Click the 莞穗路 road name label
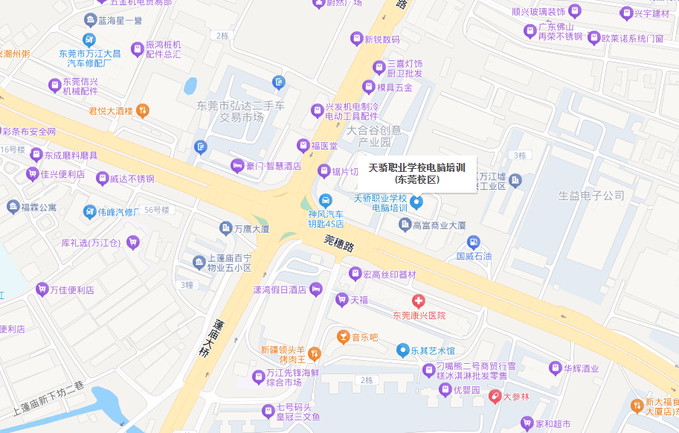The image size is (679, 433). [x=339, y=243]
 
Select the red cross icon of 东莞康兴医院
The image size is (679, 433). [x=419, y=301]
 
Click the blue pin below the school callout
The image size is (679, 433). [x=416, y=202]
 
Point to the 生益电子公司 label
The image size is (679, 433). [x=591, y=196]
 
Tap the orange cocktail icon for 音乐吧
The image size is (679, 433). [x=342, y=337]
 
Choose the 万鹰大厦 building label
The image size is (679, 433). [x=251, y=229]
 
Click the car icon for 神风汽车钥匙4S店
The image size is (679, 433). [x=326, y=200]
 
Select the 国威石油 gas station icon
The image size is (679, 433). [x=473, y=242]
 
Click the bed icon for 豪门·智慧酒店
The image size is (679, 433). [x=237, y=165]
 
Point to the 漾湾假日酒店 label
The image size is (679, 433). [x=280, y=289]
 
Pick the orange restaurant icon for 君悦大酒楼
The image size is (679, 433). [x=143, y=111]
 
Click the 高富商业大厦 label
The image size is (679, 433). [x=439, y=225]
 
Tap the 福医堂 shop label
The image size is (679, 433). [x=324, y=145]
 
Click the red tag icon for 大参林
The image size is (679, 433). [x=495, y=397]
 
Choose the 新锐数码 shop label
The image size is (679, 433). [x=382, y=39]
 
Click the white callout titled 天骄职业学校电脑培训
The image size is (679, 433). [x=417, y=173]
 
